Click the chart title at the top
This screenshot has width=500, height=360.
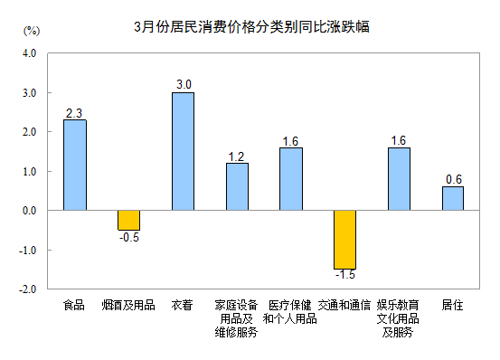(250, 27)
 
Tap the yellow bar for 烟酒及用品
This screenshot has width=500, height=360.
(128, 220)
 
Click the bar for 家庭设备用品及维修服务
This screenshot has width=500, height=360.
(237, 186)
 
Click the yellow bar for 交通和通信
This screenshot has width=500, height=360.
(344, 239)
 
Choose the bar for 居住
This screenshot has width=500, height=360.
(452, 198)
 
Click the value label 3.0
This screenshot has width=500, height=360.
(184, 85)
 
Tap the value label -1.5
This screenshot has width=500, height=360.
(344, 274)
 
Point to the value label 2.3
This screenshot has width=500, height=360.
(75, 113)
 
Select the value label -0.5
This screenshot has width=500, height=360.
(128, 237)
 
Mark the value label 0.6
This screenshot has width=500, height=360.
(453, 179)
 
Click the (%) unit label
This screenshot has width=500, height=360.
(31, 30)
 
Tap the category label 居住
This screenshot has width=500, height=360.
(452, 306)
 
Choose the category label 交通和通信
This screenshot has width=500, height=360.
(344, 306)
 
